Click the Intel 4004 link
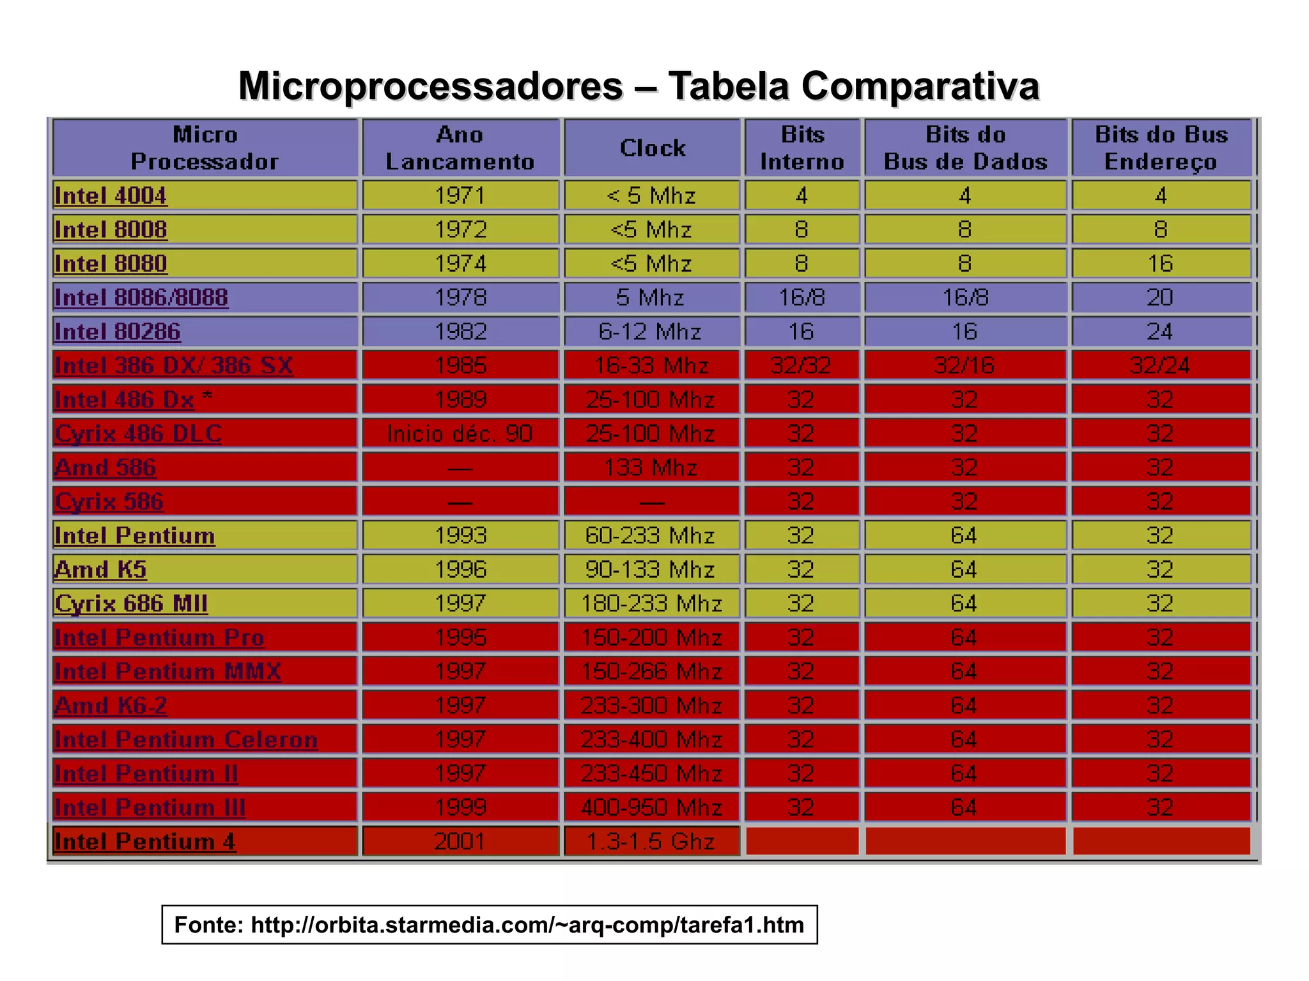tap(111, 196)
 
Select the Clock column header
tap(652, 148)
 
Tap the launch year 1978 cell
tap(460, 298)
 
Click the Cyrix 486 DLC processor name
tap(138, 434)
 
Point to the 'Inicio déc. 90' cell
tap(460, 434)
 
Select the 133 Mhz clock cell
tap(651, 468)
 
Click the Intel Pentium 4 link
tap(145, 842)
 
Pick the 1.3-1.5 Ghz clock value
tap(651, 842)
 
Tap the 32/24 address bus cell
tap(1159, 366)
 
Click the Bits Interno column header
tap(802, 148)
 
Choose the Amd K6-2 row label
tap(111, 706)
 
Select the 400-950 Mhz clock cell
tap(651, 808)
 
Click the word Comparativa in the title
tap(920, 86)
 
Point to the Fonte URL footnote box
tap(489, 925)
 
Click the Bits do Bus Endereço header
tap(1161, 148)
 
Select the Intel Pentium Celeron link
tap(186, 739)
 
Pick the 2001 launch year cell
tap(460, 842)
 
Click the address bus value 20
tap(1159, 298)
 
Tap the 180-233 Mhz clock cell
tap(651, 604)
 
